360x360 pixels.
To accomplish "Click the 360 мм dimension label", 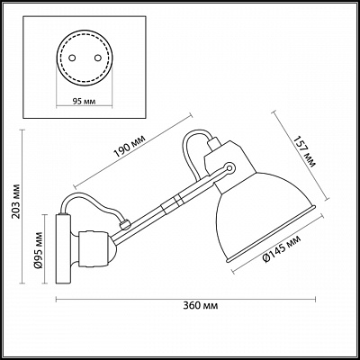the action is [200, 306].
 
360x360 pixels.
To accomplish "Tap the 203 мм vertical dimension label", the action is [16, 201].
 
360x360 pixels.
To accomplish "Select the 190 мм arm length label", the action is [130, 147].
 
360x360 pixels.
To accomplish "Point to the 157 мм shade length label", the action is [304, 152].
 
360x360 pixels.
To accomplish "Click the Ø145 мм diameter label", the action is [282, 249].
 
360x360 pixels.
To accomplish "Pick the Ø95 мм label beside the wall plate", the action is [39, 250].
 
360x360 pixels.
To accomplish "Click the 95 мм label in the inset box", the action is [85, 102].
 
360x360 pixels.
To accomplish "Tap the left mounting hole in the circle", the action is [71, 58].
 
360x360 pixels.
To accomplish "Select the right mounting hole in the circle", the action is [97, 58].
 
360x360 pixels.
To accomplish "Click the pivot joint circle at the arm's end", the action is [230, 167].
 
